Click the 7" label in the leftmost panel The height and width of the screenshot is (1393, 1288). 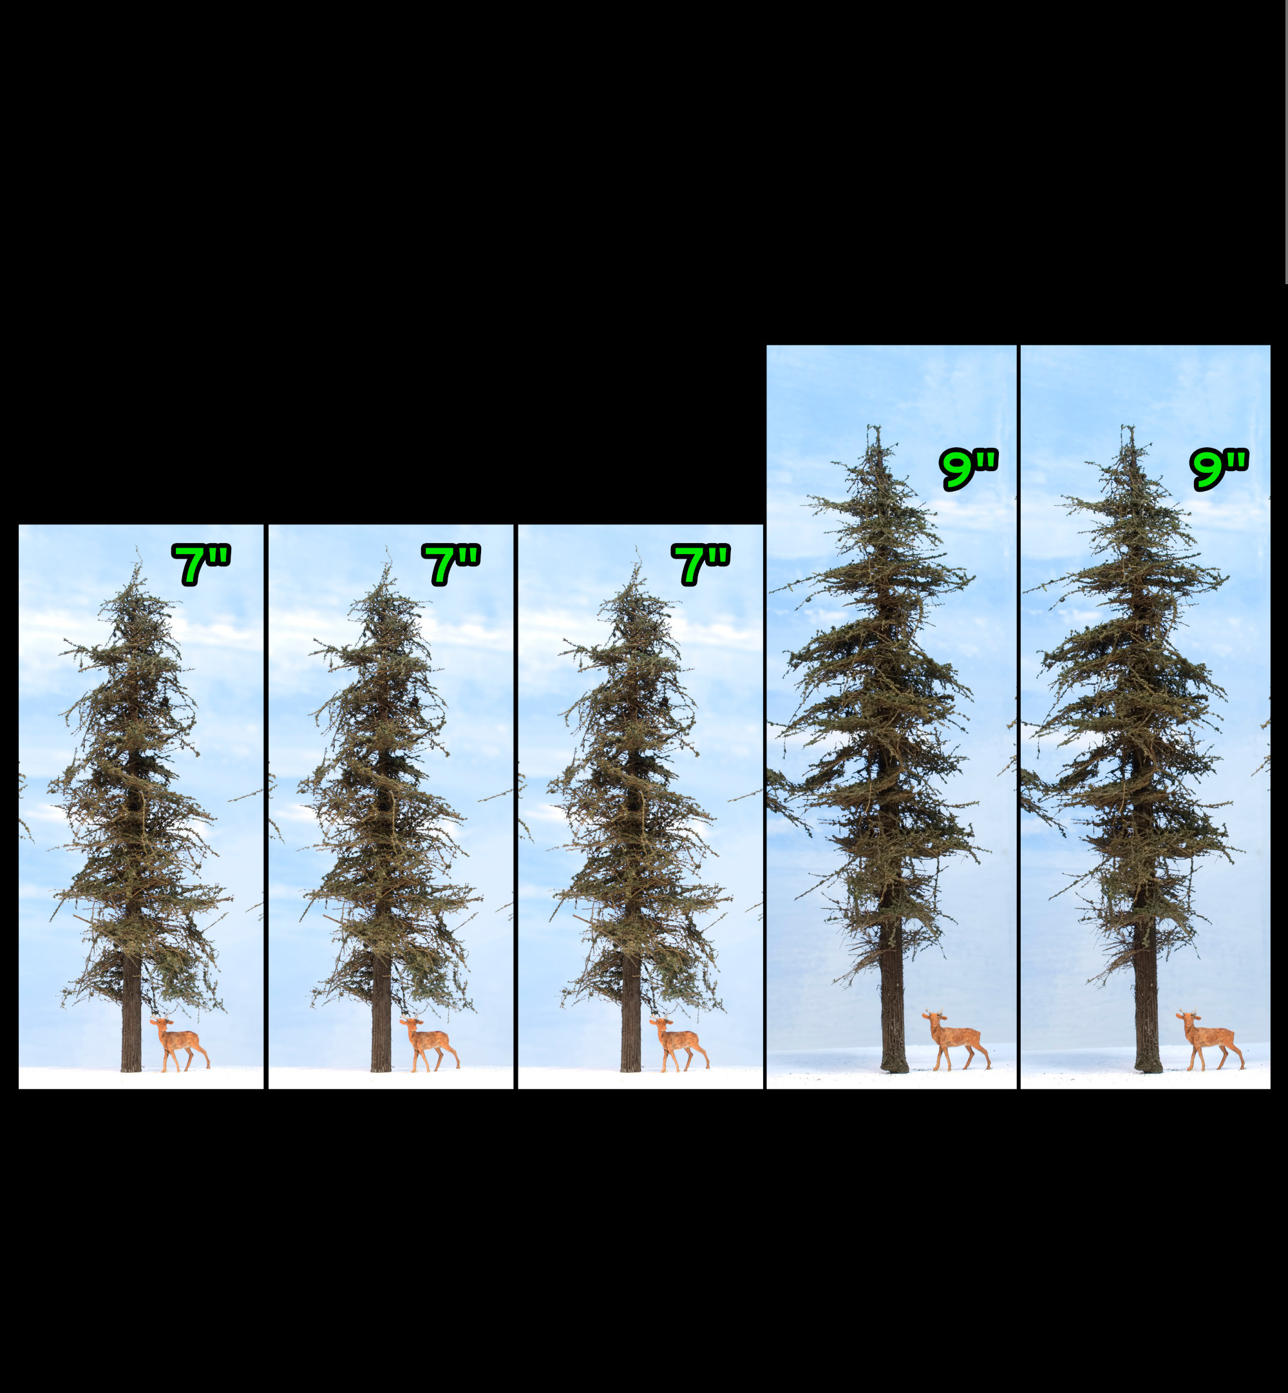tap(201, 564)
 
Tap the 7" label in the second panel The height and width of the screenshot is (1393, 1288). tap(451, 564)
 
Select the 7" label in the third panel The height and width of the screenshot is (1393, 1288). tap(701, 564)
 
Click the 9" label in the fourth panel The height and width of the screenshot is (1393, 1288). tap(969, 469)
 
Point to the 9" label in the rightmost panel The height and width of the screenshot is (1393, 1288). tap(1219, 469)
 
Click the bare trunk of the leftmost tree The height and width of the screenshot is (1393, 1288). tap(131, 1018)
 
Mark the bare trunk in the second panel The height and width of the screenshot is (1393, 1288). tap(381, 1018)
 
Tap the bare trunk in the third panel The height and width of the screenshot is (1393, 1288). tap(630, 1018)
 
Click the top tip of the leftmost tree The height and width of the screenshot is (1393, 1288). tap(137, 551)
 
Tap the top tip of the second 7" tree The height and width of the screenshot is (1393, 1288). tap(387, 551)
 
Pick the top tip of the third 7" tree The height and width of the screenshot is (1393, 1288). tap(636, 551)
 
